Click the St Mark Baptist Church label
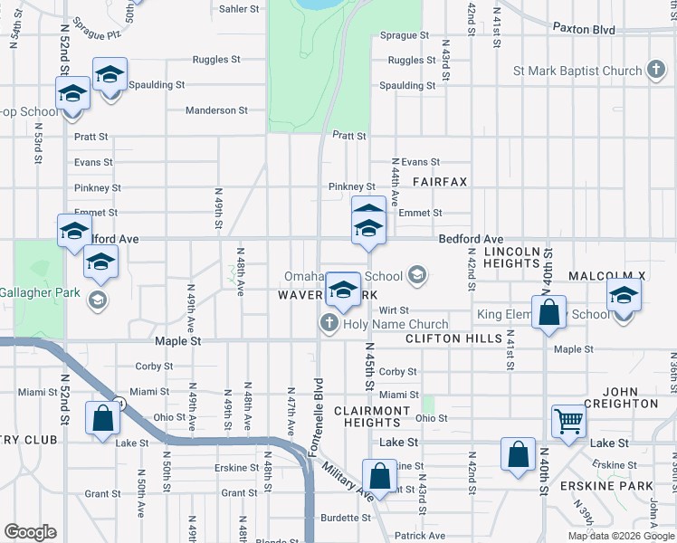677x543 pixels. coord(577,71)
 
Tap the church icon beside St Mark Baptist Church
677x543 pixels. coord(656,71)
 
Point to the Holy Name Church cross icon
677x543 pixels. coord(328,323)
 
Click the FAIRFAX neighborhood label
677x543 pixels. coord(440,182)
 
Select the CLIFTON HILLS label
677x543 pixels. coord(453,338)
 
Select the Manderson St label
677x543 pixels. coord(216,110)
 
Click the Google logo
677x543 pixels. coord(30,532)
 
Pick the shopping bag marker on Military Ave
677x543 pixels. coord(379,475)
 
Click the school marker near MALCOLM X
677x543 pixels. coord(624,295)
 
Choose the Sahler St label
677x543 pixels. coord(239,8)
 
